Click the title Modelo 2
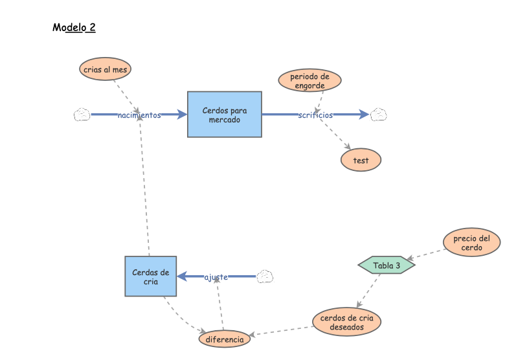[x=74, y=28]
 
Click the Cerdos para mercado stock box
[x=225, y=114]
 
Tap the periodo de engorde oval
[x=310, y=80]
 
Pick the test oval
[x=361, y=160]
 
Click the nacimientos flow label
[x=139, y=115]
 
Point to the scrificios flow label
[x=315, y=115]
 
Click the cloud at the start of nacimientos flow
[x=82, y=115]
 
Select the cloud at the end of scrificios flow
[x=378, y=115]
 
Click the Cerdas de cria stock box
[x=150, y=276]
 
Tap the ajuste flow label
[x=216, y=277]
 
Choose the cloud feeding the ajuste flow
[x=265, y=277]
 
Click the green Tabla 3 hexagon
[x=386, y=265]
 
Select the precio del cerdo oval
[x=471, y=243]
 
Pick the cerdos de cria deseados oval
[x=346, y=322]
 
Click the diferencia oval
[x=224, y=339]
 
